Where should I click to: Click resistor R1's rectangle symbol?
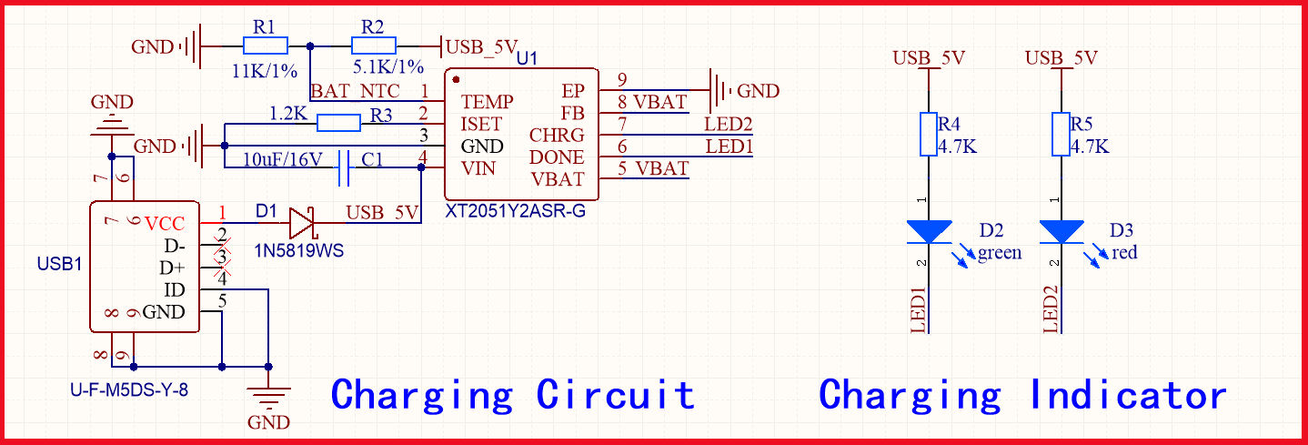coord(267,46)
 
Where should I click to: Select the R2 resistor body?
coord(374,46)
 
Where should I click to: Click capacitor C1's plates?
coord(344,168)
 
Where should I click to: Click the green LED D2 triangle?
coord(929,231)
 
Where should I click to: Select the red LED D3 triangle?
coord(1061,231)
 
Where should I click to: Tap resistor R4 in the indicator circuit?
coord(929,135)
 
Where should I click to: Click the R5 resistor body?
coord(1061,135)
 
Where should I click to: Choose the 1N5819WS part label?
coord(299,250)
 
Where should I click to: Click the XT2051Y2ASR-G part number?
coord(516,211)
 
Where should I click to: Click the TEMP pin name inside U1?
coord(487,101)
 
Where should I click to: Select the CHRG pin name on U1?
coord(557,136)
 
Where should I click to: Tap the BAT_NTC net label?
coord(355,91)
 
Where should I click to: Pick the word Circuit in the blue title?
coord(616,395)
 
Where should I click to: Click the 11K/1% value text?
coord(265,70)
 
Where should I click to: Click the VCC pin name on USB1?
coord(165,224)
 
